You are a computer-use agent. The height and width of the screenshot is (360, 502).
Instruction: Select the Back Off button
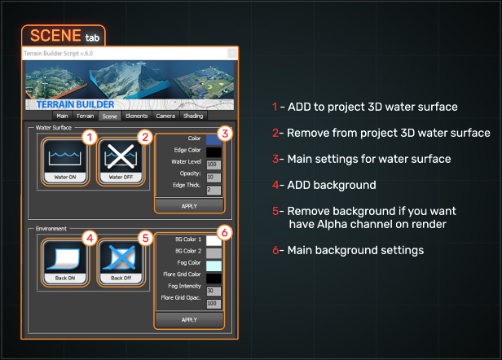coord(121,261)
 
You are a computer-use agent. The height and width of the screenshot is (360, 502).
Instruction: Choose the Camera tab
coord(165,116)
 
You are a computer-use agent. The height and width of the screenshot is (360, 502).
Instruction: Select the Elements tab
coord(137,116)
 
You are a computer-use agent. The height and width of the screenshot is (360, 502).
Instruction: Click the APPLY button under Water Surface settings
coord(189,206)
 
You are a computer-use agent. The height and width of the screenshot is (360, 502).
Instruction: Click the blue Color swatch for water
coord(214,139)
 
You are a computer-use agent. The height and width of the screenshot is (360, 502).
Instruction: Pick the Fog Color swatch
coord(214,266)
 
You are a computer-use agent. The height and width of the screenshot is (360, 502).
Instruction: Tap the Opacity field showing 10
coord(214,177)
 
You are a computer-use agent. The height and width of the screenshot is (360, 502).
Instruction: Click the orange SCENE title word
coord(54,36)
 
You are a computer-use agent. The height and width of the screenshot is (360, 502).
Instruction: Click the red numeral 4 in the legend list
coord(276,186)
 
